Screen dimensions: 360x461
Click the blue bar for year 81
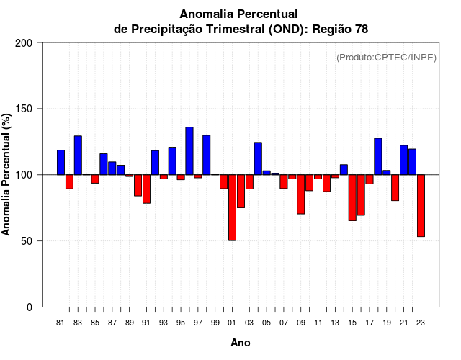click(x=61, y=162)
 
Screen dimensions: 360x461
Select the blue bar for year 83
click(x=78, y=155)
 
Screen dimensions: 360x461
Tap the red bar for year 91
click(x=146, y=189)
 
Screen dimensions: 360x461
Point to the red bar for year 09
click(x=300, y=194)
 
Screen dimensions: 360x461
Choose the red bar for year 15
click(x=352, y=197)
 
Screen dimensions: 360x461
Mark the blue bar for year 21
click(x=403, y=160)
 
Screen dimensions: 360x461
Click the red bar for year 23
click(x=421, y=205)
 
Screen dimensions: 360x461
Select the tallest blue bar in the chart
click(x=189, y=150)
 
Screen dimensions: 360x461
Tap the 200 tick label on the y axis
click(x=24, y=43)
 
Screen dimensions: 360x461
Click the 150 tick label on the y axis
click(x=24, y=109)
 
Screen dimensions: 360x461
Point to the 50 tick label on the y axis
click(x=27, y=241)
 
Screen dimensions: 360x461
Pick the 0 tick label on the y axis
click(x=30, y=307)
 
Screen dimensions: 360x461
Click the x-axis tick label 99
click(x=215, y=323)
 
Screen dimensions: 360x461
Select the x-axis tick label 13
click(x=335, y=323)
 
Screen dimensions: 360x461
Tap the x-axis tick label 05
click(x=267, y=323)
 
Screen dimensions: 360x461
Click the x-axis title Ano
click(x=241, y=343)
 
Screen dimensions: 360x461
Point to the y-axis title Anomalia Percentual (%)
click(x=7, y=174)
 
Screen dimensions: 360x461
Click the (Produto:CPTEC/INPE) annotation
click(x=386, y=58)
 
